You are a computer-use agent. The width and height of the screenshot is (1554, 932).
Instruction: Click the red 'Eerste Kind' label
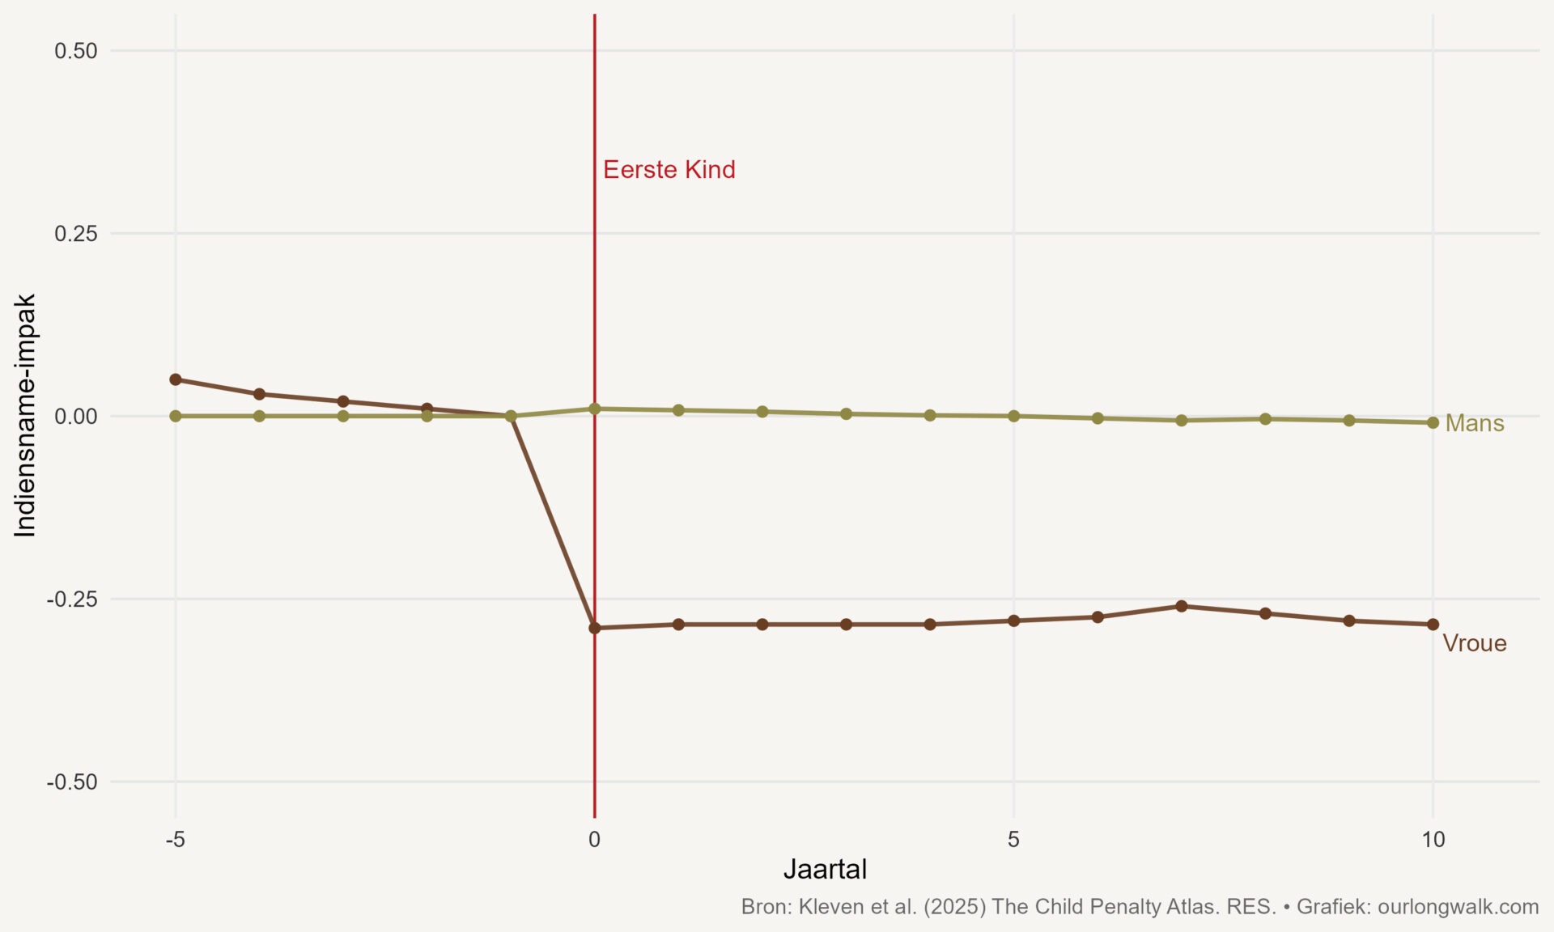[669, 170]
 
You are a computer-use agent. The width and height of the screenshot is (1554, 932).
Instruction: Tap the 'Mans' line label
[1474, 423]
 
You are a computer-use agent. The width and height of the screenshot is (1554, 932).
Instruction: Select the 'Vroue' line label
[1474, 643]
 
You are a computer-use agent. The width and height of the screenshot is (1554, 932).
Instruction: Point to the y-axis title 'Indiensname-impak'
[25, 415]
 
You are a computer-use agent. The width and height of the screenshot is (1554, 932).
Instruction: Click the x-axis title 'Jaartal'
[825, 869]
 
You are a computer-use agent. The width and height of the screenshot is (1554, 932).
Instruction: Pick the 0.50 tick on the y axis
[75, 51]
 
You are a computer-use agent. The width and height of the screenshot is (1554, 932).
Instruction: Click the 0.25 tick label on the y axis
[75, 234]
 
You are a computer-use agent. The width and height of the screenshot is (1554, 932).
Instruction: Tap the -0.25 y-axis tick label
[72, 599]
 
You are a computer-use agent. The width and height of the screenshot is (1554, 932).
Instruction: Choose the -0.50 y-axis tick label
[72, 782]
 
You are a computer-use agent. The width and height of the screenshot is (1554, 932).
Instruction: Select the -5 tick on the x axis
[175, 840]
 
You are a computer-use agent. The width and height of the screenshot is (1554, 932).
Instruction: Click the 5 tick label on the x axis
[1013, 840]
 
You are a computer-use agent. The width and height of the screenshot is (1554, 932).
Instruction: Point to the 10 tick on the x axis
[1433, 840]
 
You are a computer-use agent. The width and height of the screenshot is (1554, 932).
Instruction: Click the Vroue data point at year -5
[176, 379]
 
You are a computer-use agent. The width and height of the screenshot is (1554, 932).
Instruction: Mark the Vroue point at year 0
[595, 628]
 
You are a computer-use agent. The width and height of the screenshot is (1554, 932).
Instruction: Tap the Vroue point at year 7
[1181, 606]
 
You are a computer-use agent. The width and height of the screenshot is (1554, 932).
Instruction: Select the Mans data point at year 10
[1433, 422]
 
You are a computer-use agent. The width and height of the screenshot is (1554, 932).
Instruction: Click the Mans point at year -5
[176, 416]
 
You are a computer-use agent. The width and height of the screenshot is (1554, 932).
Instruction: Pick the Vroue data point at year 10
[1433, 625]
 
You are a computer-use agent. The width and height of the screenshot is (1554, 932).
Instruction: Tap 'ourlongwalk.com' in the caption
[1458, 907]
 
